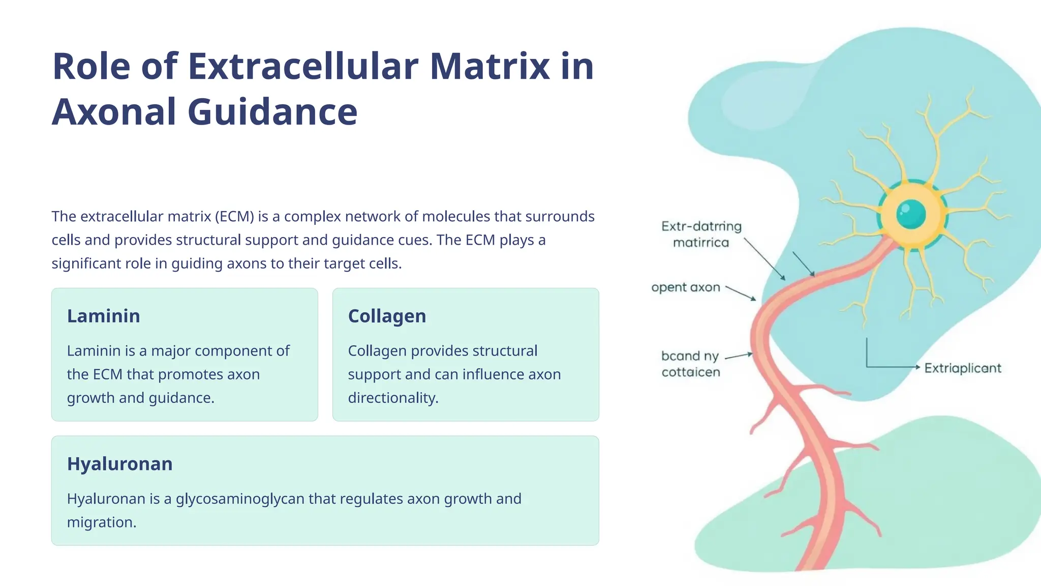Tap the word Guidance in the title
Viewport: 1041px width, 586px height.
coord(272,112)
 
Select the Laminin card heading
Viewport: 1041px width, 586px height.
coord(104,316)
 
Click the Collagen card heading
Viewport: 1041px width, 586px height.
coord(387,316)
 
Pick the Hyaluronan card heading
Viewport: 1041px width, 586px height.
coord(120,464)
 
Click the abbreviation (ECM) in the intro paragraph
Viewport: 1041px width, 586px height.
coord(234,217)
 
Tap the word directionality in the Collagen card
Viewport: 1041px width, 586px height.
coord(393,398)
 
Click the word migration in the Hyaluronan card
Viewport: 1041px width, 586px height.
coord(102,522)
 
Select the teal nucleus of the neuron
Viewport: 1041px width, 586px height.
coord(911,214)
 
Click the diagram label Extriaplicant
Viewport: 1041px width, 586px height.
coord(962,368)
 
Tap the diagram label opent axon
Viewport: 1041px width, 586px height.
coord(686,287)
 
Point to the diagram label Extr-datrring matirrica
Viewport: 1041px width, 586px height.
coord(701,234)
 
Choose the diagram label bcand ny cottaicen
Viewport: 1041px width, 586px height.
coord(690,364)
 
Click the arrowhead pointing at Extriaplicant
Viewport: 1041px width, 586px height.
coord(917,367)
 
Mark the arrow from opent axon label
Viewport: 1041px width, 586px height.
coord(741,293)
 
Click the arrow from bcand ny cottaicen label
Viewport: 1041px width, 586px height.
coord(739,356)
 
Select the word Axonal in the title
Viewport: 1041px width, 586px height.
coord(114,112)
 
